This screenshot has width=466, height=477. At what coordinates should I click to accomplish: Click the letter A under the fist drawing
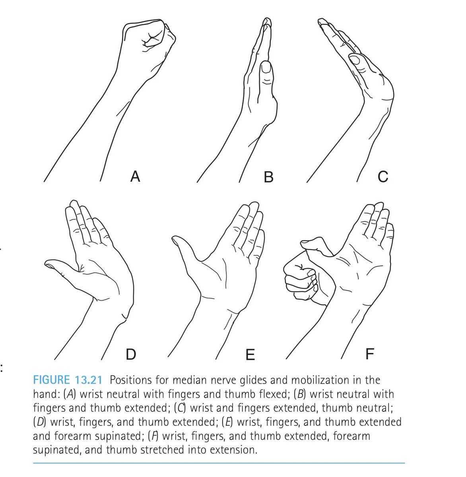pos(135,176)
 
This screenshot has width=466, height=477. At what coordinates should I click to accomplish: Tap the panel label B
pos(268,177)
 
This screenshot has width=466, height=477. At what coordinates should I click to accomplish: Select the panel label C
pos(383,176)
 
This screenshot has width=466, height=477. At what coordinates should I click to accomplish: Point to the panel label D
pos(131,354)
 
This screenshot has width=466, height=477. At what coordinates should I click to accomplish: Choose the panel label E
pos(250,355)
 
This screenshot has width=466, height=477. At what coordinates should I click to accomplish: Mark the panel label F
pos(370,354)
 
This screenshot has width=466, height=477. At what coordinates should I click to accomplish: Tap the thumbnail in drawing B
pos(266,68)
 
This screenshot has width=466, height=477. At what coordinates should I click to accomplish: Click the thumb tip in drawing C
pos(354,59)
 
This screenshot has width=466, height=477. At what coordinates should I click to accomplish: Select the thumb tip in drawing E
pos(175,240)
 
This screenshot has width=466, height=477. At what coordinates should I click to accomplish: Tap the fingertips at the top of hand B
pos(267,22)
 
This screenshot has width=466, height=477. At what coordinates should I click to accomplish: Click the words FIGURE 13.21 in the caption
pos(68,380)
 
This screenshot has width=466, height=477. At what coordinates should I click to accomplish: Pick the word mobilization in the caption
pos(320,380)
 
